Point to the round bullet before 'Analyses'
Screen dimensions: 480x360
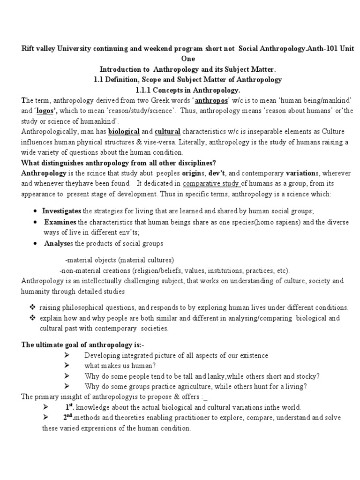37,243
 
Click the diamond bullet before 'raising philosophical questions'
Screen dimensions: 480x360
32,307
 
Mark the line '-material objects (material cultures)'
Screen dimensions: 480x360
120,260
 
